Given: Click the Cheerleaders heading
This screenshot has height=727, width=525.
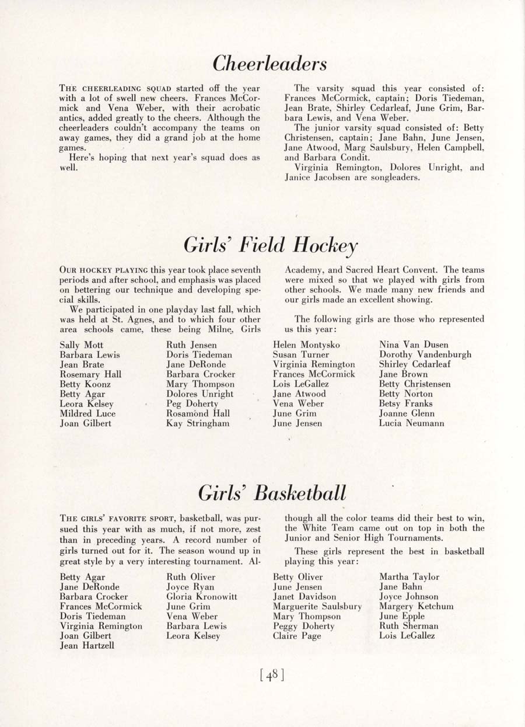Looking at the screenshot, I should pyautogui.click(x=269, y=63).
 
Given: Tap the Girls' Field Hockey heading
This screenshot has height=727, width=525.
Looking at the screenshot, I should pyautogui.click(x=270, y=245).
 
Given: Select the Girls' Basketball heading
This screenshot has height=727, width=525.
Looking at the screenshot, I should pyautogui.click(x=272, y=493).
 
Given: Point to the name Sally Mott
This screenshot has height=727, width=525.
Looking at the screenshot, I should pyautogui.click(x=81, y=345).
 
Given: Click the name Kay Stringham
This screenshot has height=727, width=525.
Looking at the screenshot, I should pyautogui.click(x=198, y=423).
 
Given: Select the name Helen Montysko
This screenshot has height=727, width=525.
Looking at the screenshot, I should pyautogui.click(x=306, y=345).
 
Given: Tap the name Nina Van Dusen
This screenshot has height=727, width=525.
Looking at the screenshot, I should pyautogui.click(x=414, y=345).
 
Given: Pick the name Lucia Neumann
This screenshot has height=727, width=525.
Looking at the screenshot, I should pyautogui.click(x=411, y=423).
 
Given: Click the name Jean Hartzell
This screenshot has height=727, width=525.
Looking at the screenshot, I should pyautogui.click(x=86, y=646).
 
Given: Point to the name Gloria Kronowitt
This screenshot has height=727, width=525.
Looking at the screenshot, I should pyautogui.click(x=201, y=597).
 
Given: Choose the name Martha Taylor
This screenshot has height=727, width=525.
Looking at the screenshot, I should pyautogui.click(x=409, y=577).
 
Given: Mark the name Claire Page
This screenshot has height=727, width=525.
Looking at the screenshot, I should pyautogui.click(x=297, y=636).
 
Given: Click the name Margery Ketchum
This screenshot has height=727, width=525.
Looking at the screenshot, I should pyautogui.click(x=416, y=607).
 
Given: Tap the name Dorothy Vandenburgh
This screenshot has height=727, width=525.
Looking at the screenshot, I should pyautogui.click(x=425, y=354).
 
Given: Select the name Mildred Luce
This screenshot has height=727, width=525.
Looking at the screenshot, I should pyautogui.click(x=87, y=413).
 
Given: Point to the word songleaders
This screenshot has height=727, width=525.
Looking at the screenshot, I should pyautogui.click(x=394, y=178).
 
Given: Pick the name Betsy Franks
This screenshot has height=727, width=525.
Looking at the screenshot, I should pyautogui.click(x=405, y=403).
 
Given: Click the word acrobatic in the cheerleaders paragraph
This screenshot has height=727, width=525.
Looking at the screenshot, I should pyautogui.click(x=238, y=108).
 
